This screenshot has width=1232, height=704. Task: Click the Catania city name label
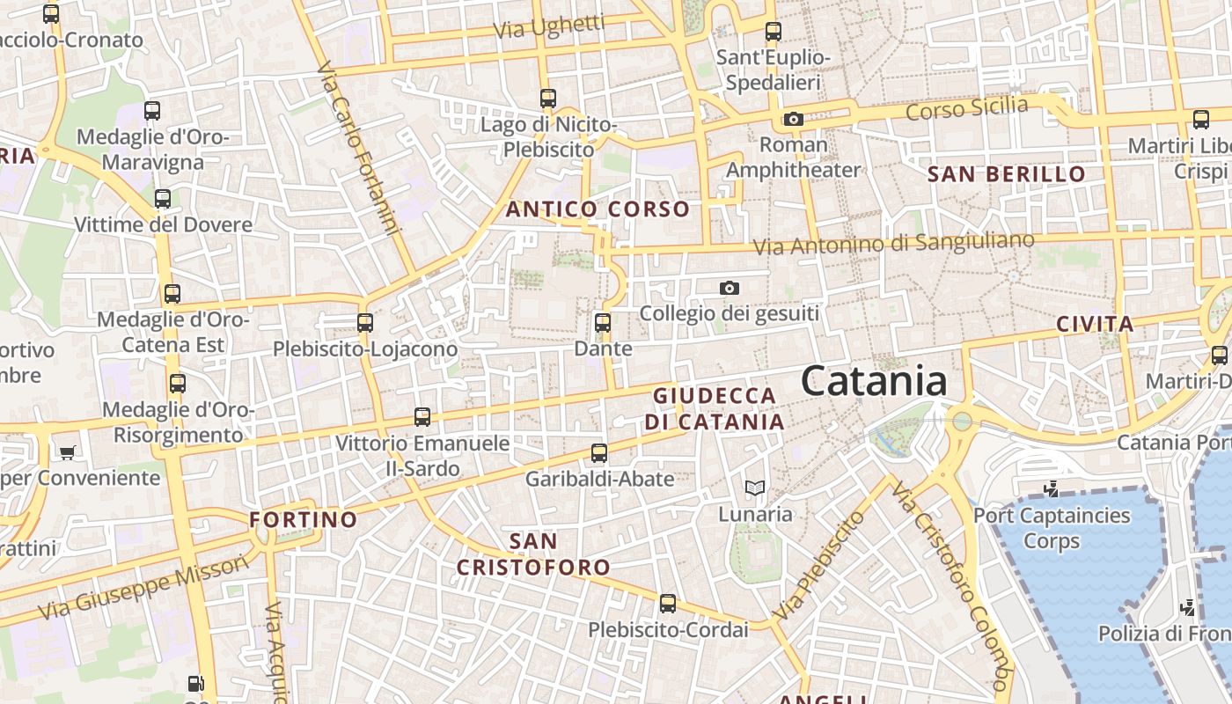874,382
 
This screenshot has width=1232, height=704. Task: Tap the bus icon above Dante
603,323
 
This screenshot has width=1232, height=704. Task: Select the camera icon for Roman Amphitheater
793,119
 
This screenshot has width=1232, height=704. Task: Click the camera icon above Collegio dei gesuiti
729,288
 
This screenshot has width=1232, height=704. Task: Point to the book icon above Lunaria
754,488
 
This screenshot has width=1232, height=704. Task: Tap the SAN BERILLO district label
1007,174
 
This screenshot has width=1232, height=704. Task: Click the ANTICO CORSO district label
598,209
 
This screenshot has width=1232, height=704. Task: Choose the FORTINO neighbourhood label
304,519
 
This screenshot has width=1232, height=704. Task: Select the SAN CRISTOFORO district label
533,554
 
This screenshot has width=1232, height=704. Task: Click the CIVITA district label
1095,324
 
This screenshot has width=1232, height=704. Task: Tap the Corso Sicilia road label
966,109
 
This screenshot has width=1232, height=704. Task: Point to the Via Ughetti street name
549,26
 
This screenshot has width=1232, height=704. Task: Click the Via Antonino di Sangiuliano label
894,243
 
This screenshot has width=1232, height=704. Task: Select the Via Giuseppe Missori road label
143,588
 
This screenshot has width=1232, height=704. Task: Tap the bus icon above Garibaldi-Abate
599,453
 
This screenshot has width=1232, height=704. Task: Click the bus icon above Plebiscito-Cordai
668,604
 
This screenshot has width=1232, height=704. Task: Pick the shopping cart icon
68,452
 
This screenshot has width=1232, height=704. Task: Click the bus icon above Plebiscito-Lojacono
365,323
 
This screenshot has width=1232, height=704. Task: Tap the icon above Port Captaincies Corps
1050,488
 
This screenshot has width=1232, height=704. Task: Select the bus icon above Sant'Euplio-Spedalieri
774,32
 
